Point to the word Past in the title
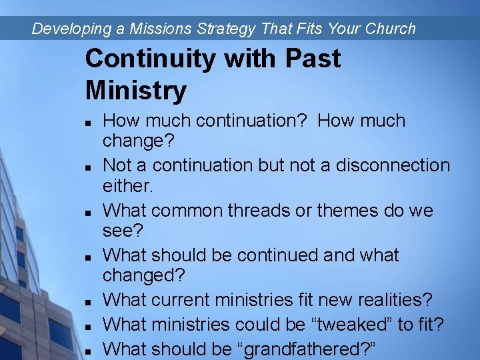tap(312, 59)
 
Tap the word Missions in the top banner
tap(157, 29)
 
